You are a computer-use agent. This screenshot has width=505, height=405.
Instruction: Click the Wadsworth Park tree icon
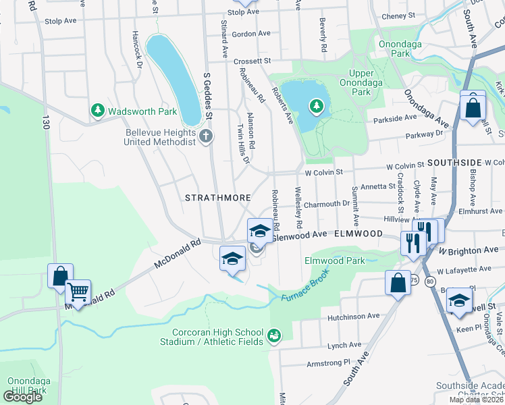point(98,110)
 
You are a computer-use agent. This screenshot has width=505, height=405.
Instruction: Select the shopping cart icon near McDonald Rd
point(78,293)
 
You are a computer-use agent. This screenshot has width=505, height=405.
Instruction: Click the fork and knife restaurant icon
point(413,242)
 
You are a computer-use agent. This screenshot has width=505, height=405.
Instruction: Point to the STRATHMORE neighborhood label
point(218,198)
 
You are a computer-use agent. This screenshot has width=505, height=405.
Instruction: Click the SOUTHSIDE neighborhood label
point(454,163)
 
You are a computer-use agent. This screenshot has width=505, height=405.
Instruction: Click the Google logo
point(22,396)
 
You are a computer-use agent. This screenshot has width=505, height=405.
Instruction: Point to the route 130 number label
point(46,122)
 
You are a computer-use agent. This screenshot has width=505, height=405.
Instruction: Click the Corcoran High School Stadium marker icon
point(273,335)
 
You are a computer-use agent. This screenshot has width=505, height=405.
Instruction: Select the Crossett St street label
point(252,61)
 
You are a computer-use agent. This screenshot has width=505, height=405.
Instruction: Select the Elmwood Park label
point(334,261)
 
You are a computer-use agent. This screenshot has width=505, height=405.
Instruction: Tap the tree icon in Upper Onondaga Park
point(315,105)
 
